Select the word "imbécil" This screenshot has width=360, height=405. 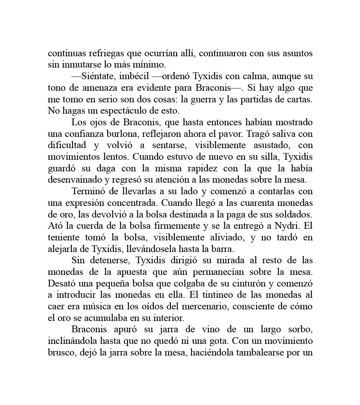click(x=135, y=76)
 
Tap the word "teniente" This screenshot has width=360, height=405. click(x=62, y=238)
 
